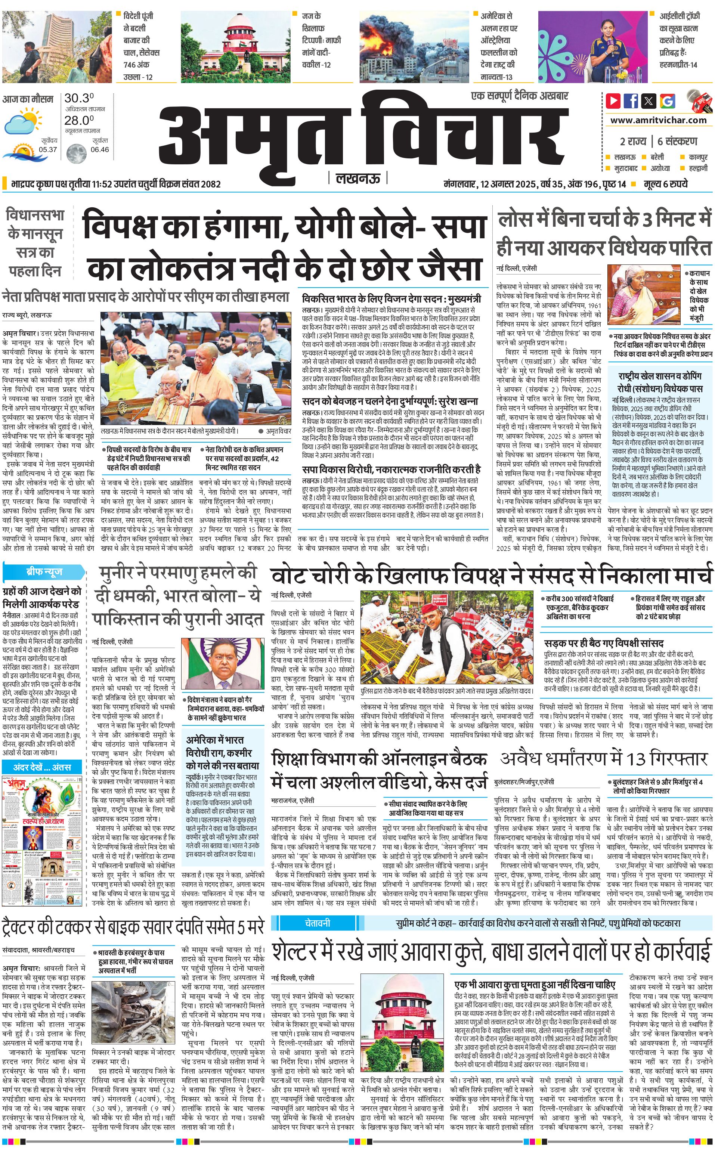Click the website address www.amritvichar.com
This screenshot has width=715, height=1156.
click(x=658, y=120)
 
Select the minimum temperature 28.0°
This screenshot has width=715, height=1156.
click(x=79, y=120)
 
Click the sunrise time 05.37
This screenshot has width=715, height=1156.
click(x=48, y=150)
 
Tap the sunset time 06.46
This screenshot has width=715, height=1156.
click(x=99, y=150)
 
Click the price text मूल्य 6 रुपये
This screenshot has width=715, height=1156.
click(x=666, y=183)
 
